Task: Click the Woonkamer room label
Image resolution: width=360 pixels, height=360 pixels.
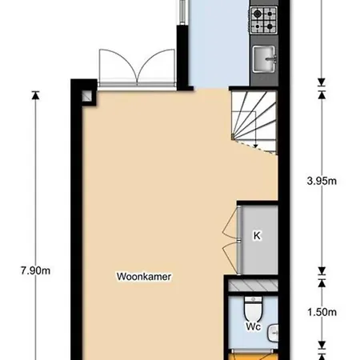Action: point(144,277)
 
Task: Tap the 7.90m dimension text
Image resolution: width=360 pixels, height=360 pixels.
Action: point(35,270)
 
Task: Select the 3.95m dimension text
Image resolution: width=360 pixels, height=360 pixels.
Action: point(322,181)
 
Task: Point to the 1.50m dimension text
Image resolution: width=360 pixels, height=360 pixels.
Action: point(322,312)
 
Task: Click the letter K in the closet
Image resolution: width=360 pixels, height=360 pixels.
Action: point(257,236)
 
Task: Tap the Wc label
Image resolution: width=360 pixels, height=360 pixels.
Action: point(253,326)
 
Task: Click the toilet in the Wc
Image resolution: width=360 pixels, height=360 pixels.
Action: point(253,309)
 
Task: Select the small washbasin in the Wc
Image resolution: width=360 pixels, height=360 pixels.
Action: point(274,333)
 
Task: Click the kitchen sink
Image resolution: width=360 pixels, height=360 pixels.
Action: point(264,58)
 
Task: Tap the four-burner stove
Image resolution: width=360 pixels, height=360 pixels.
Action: point(264,20)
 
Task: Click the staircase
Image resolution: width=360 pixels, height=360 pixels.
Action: point(254,122)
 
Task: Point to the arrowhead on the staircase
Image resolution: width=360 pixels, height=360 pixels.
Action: point(255,146)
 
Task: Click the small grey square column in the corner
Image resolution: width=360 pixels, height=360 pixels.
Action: point(86,96)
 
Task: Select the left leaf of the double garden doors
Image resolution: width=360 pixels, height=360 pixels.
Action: point(118,66)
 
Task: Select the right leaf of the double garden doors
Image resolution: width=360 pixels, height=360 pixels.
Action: point(156,66)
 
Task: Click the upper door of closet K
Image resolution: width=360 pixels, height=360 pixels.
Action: point(230,223)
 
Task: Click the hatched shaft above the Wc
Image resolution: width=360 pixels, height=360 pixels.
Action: point(253,286)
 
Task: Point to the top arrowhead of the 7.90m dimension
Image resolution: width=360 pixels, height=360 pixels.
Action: point(35,95)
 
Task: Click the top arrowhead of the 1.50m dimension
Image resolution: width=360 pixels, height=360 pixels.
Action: point(322,283)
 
